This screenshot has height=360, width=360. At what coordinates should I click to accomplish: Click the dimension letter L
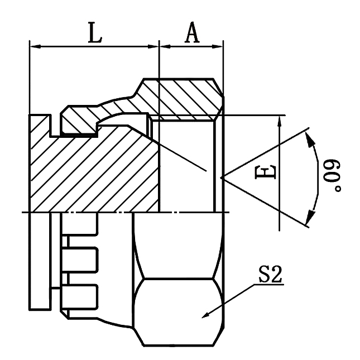pyautogui.click(x=95, y=33)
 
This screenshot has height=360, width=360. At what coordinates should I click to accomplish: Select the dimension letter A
pyautogui.click(x=191, y=33)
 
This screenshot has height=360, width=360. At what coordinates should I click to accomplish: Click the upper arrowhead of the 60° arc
pyautogui.click(x=310, y=136)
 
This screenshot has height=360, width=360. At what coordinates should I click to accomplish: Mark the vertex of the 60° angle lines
pyautogui.click(x=222, y=178)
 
